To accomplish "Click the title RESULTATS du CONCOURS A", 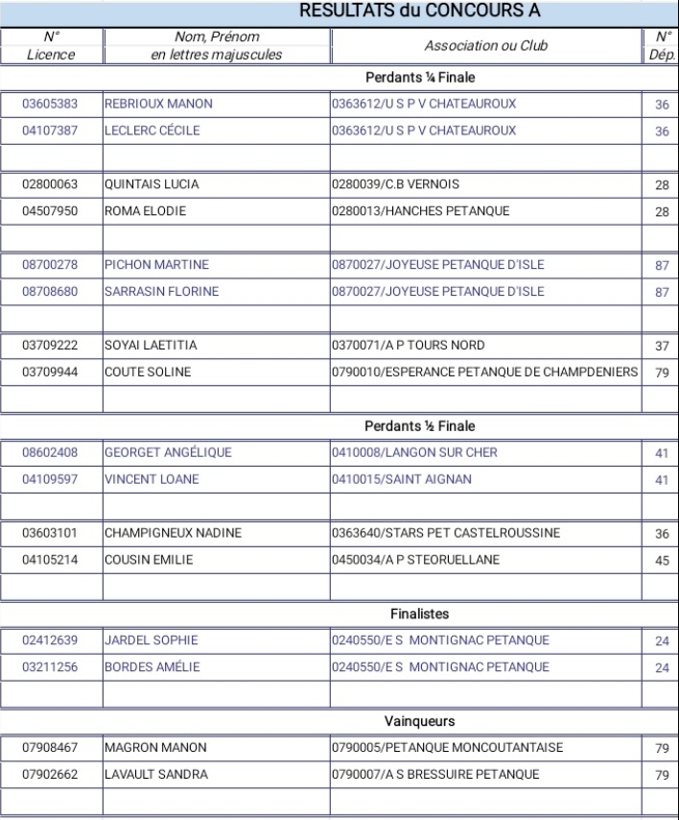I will tap(421, 12).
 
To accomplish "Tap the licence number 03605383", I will tap(50, 104).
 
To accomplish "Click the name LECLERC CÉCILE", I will tap(152, 131).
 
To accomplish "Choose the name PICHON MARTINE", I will tap(156, 264).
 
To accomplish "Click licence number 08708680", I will tap(50, 291).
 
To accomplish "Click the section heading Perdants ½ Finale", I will tap(421, 425).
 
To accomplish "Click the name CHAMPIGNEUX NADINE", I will tap(173, 533).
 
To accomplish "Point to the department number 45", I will tap(661, 560).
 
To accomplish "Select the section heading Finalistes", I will tap(421, 613).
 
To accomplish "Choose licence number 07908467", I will tap(50, 747).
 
